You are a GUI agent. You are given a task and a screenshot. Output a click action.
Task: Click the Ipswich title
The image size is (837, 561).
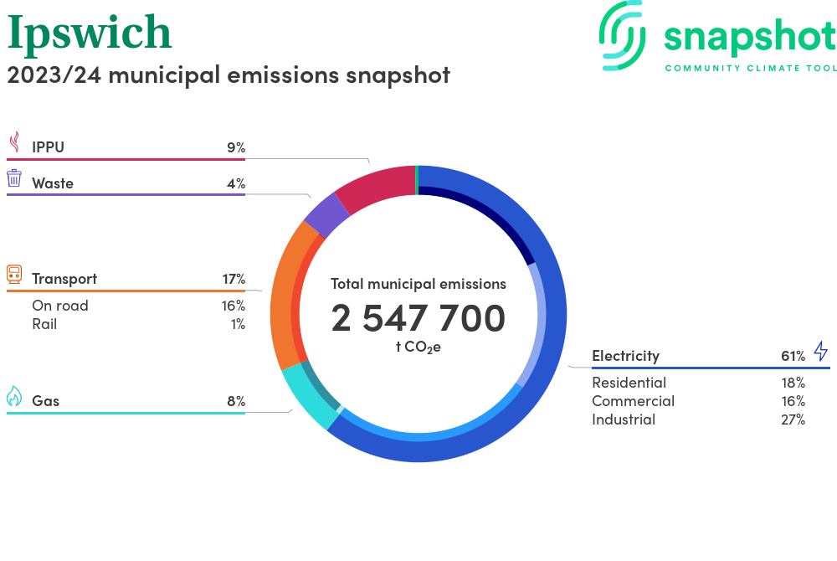click(90, 33)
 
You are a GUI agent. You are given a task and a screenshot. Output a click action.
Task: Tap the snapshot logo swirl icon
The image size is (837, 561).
click(624, 34)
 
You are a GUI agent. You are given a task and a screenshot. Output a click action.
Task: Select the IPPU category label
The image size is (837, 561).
click(48, 147)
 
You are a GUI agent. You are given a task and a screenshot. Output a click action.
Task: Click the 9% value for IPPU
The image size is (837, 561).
click(235, 147)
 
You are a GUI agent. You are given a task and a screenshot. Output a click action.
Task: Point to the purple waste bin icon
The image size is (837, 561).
click(14, 178)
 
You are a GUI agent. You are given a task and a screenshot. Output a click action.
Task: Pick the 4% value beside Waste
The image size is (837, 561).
click(235, 183)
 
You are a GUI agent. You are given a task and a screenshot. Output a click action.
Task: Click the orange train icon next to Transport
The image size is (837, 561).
click(14, 274)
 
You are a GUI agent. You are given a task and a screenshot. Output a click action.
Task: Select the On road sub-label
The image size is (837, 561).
click(59, 306)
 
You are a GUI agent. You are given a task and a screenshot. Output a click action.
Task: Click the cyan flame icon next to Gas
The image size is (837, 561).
click(14, 396)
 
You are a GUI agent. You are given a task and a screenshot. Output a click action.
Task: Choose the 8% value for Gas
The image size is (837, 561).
click(235, 401)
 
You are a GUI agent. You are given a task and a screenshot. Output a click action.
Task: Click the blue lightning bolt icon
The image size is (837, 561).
click(820, 351)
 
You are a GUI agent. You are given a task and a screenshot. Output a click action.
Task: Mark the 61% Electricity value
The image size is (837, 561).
click(793, 356)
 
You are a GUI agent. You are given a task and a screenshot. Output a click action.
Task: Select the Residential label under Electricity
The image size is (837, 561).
click(629, 383)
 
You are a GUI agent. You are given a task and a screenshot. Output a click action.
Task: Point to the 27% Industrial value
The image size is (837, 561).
click(793, 419)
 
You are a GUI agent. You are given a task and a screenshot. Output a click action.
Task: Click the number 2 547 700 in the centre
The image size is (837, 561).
click(418, 319)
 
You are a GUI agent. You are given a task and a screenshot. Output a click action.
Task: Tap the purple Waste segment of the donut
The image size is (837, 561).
click(326, 215)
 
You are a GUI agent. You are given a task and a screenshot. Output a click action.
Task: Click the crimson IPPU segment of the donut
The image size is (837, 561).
click(377, 185)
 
